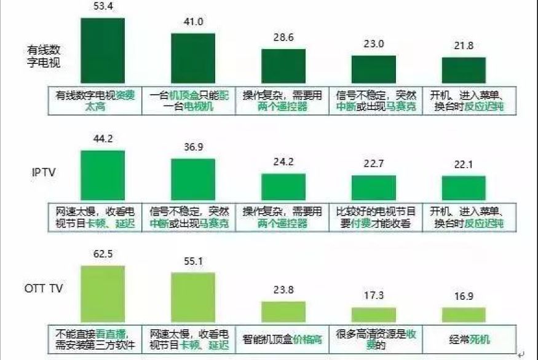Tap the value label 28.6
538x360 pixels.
283,37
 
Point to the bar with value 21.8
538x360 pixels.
464,71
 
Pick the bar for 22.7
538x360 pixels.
373,187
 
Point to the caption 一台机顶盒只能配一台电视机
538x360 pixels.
189,101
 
